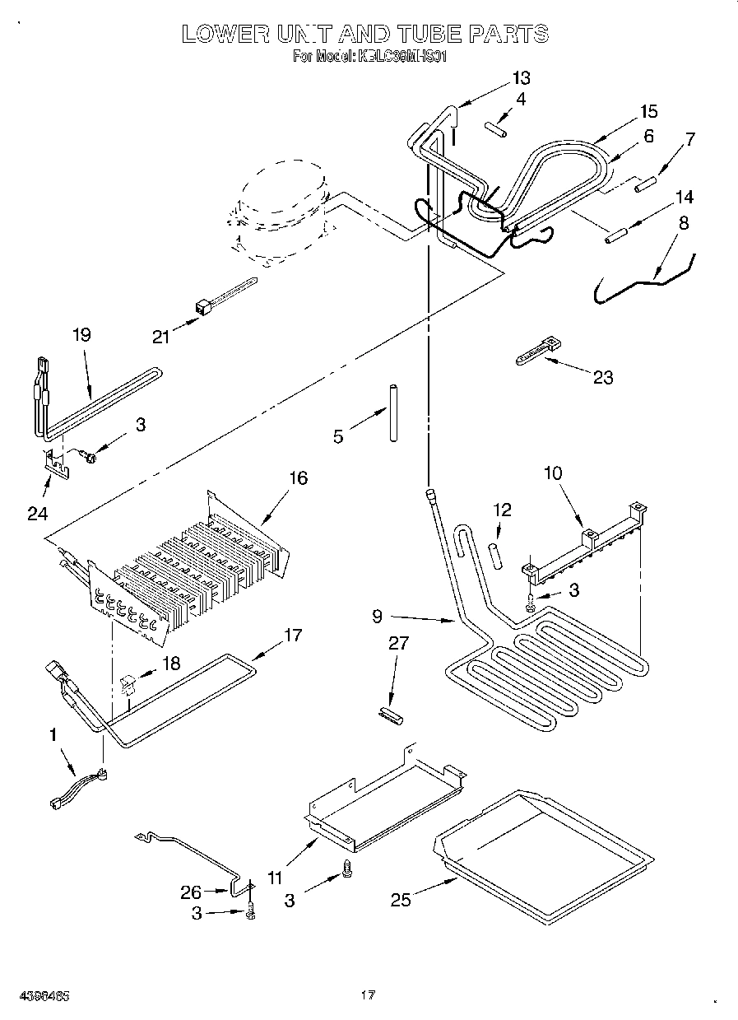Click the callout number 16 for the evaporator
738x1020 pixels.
(x=298, y=477)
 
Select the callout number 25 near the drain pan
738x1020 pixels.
(x=401, y=901)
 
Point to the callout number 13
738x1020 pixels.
(x=521, y=79)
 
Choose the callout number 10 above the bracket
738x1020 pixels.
(x=552, y=473)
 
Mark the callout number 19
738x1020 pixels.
(x=81, y=334)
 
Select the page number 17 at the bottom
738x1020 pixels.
(x=368, y=995)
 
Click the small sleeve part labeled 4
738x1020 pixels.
(x=495, y=129)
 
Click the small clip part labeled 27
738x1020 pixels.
(x=389, y=715)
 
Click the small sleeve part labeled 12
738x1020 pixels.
(x=497, y=554)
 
